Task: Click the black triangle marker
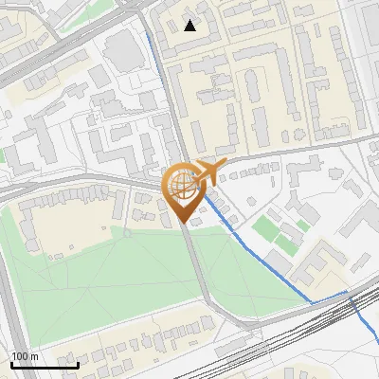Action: click(190, 26)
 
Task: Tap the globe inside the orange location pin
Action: click(182, 186)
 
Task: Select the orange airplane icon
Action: click(208, 172)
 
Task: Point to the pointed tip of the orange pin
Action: click(183, 221)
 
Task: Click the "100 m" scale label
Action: click(25, 356)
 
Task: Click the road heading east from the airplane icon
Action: click(284, 153)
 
